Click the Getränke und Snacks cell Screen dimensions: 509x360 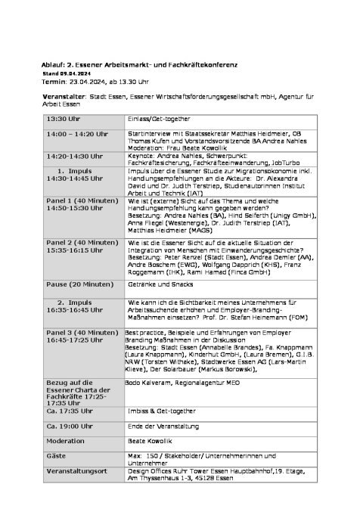160,284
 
